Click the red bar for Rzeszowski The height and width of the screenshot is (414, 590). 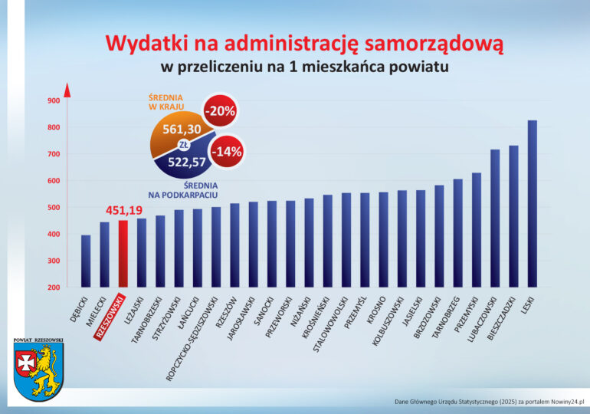[x=123, y=254]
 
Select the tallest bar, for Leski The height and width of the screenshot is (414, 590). [x=532, y=203]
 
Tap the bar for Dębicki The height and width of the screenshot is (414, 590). [x=86, y=261]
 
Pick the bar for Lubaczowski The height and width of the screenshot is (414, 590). [x=495, y=219]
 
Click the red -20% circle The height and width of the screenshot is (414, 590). [x=219, y=111]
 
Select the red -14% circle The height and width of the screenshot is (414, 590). [x=227, y=151]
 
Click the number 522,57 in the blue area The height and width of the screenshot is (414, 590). [x=187, y=161]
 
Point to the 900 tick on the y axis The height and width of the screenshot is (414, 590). [x=54, y=100]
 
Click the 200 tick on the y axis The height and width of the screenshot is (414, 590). [x=54, y=287]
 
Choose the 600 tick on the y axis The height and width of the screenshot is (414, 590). [x=54, y=181]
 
